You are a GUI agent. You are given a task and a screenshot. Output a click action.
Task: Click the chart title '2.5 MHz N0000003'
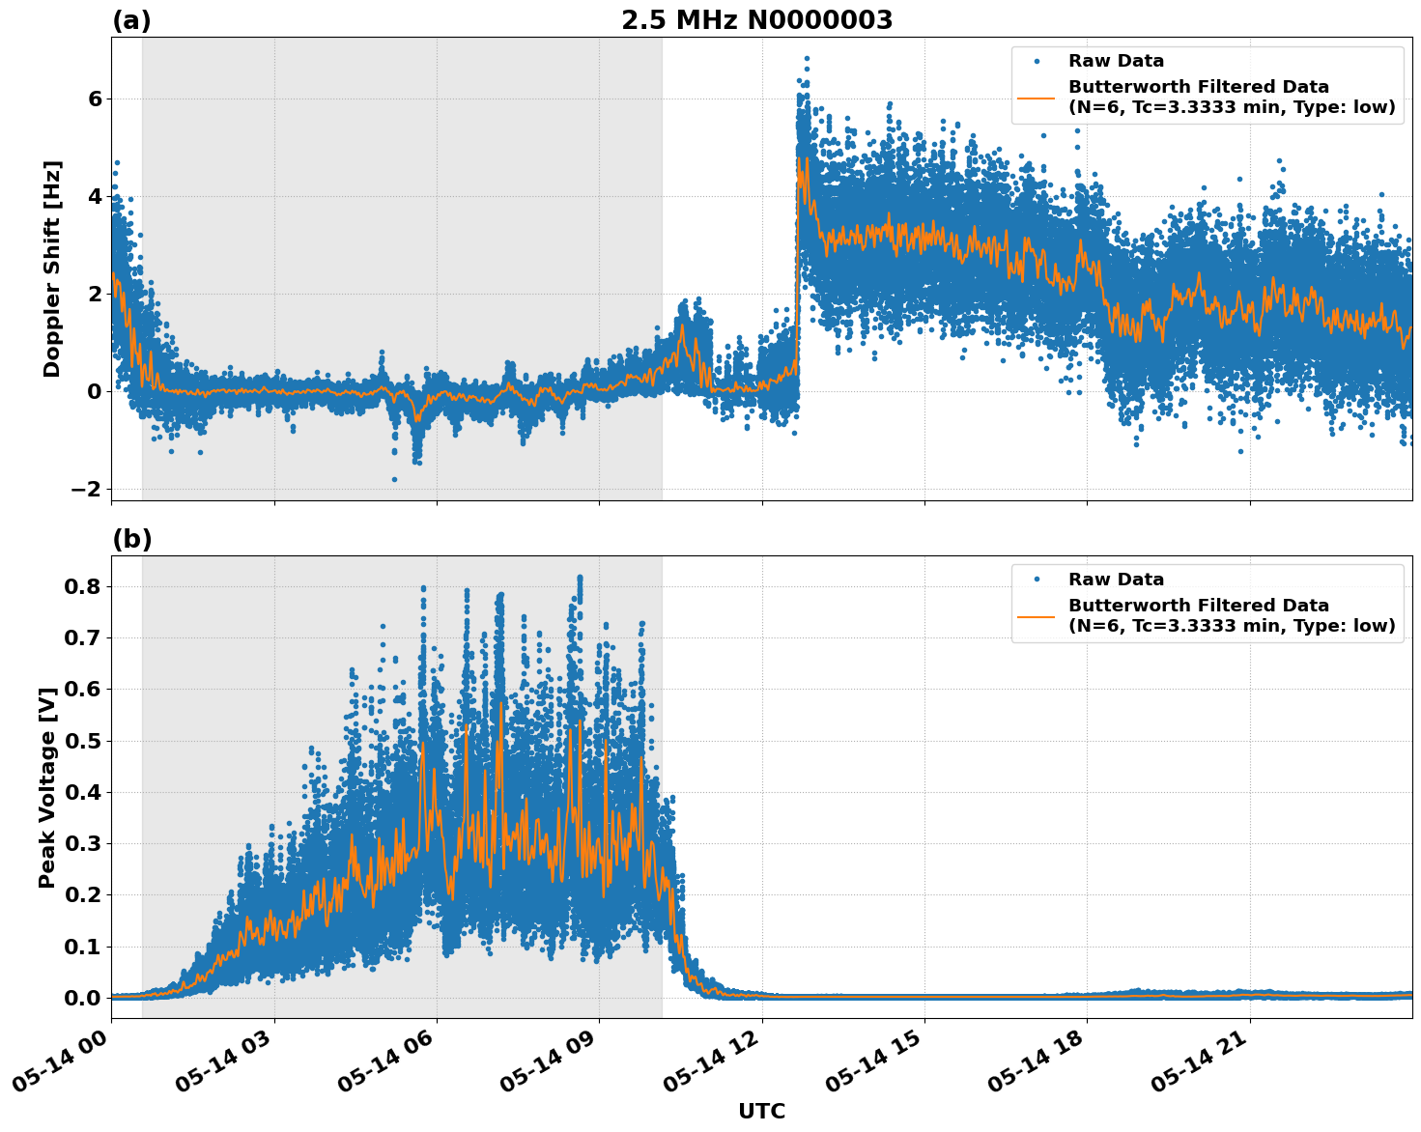[x=756, y=20]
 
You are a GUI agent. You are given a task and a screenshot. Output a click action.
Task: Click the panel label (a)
[x=131, y=20]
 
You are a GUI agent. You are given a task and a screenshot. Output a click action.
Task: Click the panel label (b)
[x=131, y=539]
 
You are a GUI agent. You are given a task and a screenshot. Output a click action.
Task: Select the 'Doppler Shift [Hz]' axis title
[x=52, y=269]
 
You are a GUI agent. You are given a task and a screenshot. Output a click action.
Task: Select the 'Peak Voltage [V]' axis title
[x=47, y=786]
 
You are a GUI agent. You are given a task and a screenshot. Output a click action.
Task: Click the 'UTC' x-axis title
[x=761, y=1111]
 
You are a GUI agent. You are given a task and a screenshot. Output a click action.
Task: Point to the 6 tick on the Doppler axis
[x=95, y=99]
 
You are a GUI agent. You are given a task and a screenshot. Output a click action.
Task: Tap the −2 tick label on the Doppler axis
[x=86, y=489]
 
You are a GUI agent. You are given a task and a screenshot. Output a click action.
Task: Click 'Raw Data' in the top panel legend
[x=1116, y=61]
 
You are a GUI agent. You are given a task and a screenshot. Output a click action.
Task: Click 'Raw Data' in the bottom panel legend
[x=1116, y=580]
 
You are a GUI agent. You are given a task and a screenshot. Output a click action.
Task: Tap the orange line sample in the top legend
[x=1037, y=98]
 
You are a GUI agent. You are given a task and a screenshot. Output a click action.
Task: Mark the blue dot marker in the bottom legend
[x=1037, y=580]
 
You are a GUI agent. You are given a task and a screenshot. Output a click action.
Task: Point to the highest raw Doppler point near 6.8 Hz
[x=807, y=59]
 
